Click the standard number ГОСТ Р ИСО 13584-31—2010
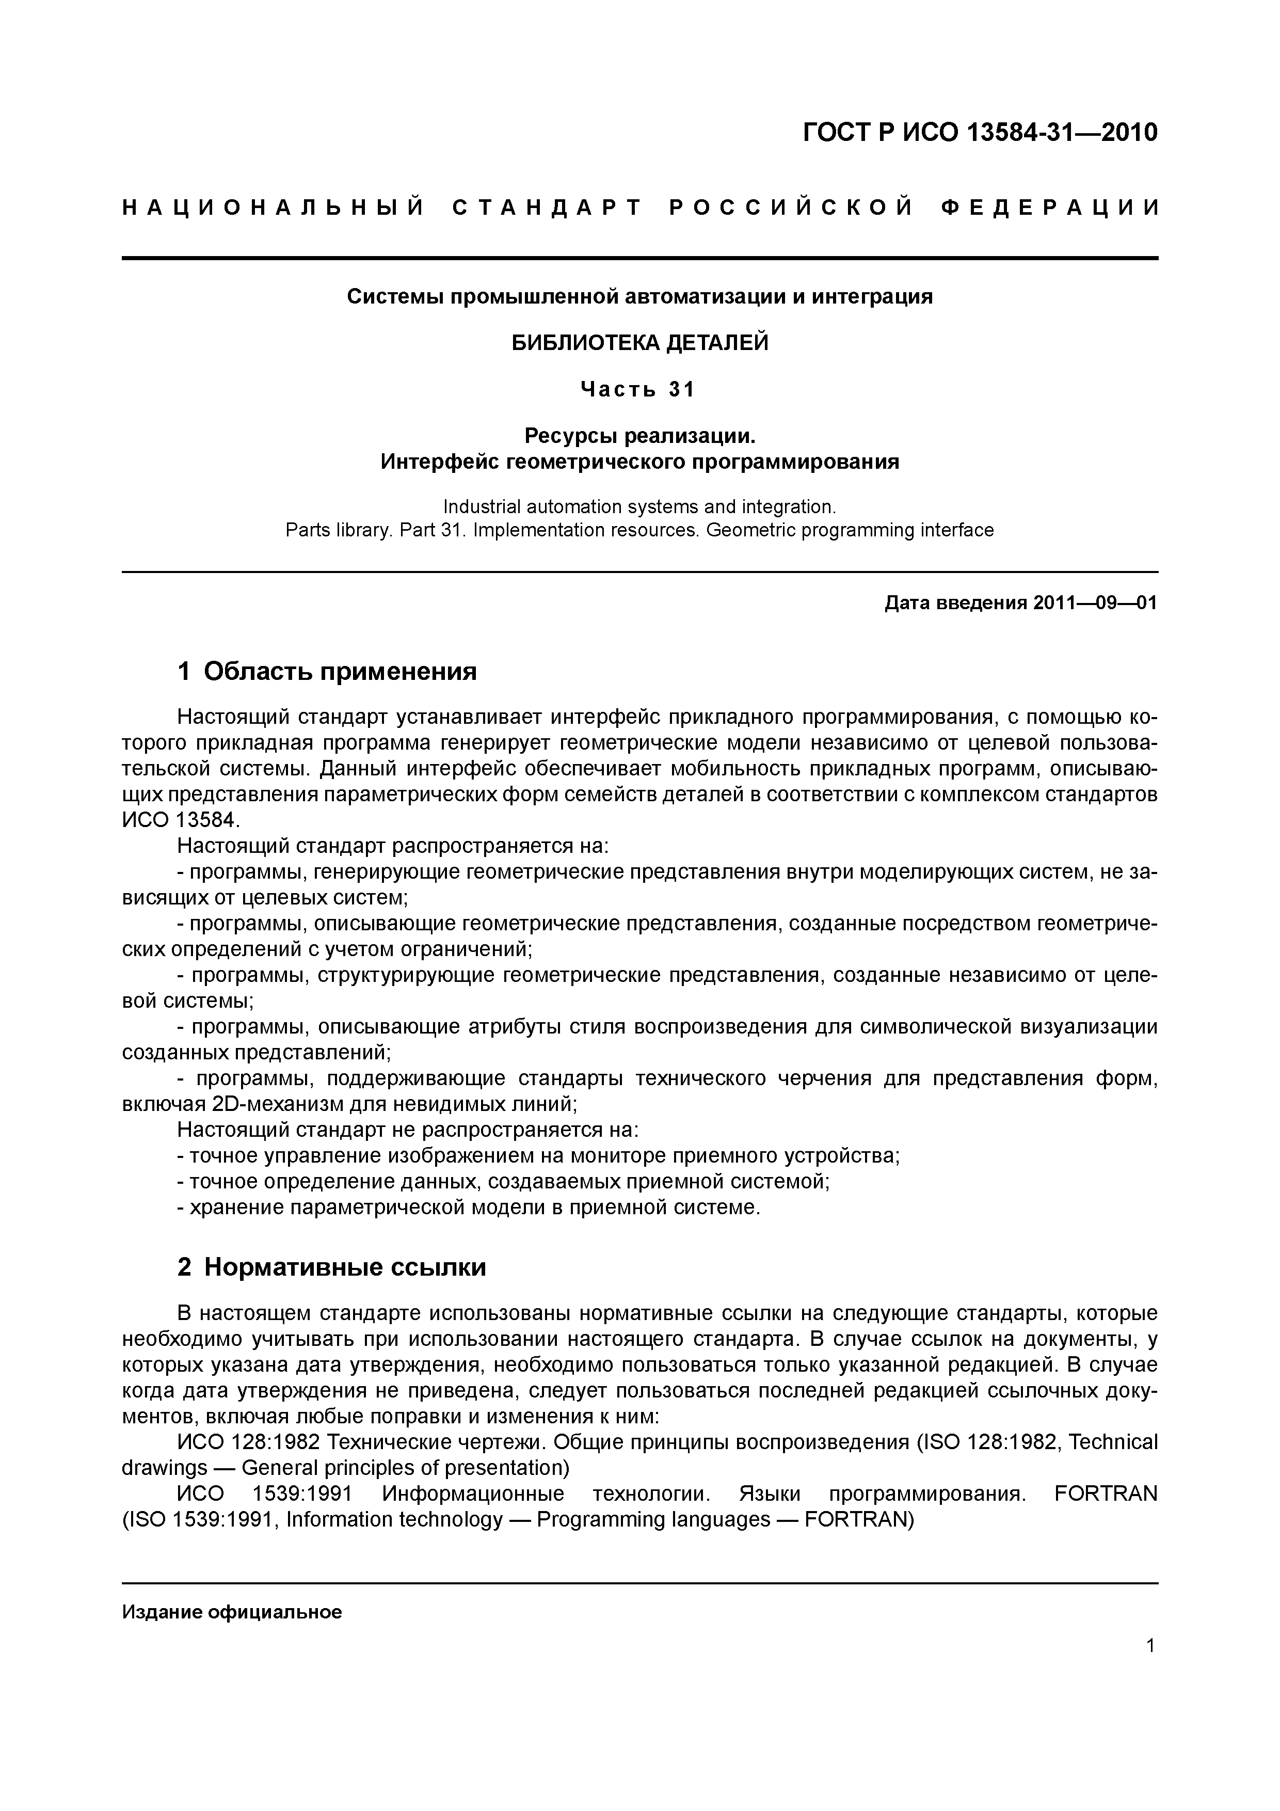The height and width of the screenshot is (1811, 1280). click(x=980, y=133)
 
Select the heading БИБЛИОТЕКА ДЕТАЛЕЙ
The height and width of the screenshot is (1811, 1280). click(x=639, y=343)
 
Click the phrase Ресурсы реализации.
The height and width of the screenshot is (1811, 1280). click(x=639, y=435)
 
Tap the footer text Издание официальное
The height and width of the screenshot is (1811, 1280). click(x=232, y=1611)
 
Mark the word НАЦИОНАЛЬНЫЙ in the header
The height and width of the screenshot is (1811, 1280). click(x=274, y=208)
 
